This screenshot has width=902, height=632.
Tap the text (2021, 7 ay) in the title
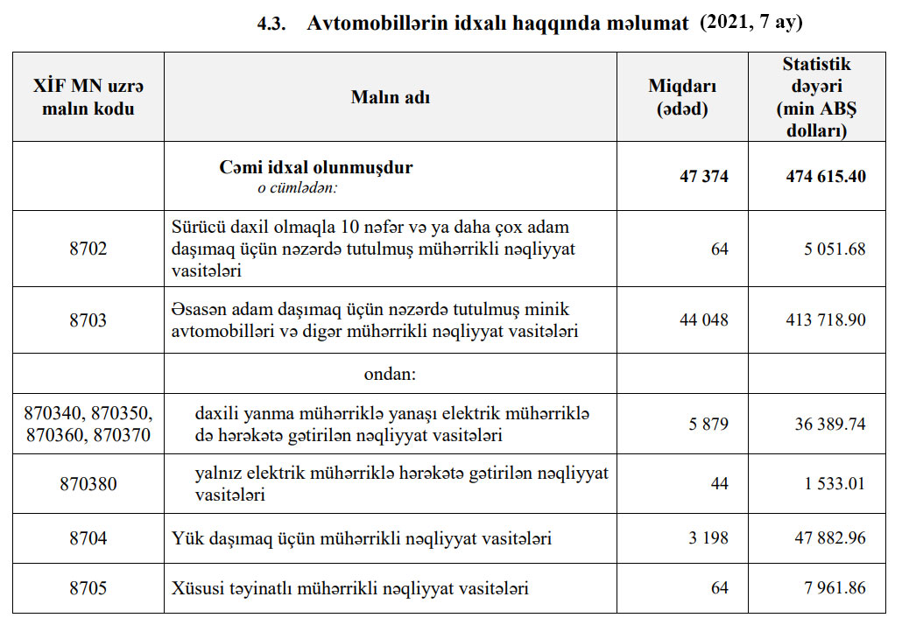point(750,24)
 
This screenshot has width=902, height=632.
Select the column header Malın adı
point(390,97)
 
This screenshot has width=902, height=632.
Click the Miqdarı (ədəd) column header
point(682,97)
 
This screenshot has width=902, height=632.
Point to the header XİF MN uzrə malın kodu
point(88,97)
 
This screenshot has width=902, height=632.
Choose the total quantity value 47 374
point(703,176)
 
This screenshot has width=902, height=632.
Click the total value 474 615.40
point(825,176)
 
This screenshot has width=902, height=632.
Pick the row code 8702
point(88,249)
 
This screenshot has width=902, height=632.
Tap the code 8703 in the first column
point(88,320)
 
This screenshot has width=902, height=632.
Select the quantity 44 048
point(703,320)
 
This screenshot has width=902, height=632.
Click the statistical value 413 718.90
point(825,320)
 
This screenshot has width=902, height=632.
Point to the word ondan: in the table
point(390,374)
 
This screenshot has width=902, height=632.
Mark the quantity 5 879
point(708,424)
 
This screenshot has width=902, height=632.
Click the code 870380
point(88,483)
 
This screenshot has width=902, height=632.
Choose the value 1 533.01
point(832,483)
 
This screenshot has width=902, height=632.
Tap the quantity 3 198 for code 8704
point(708,537)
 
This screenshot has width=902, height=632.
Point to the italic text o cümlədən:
point(297,186)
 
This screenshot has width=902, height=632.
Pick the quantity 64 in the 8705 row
point(719,587)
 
